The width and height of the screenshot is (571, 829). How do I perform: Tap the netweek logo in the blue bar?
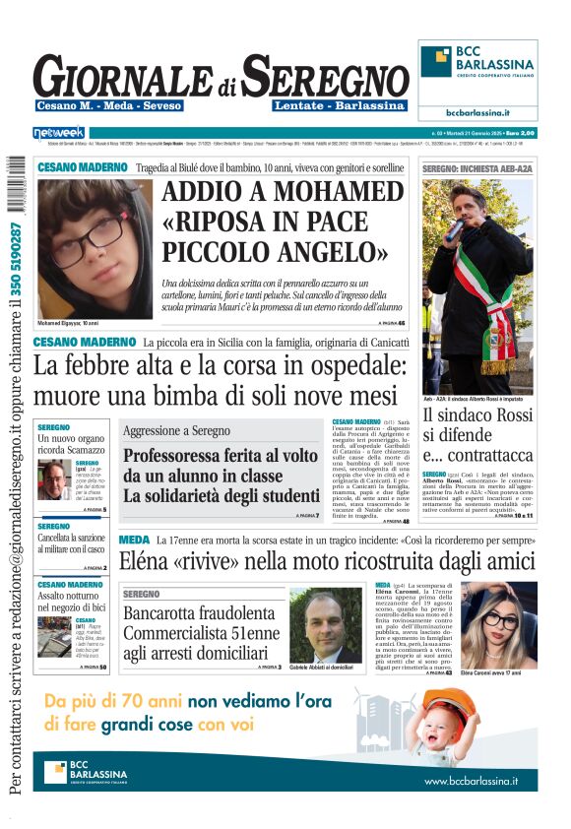[x=59, y=132]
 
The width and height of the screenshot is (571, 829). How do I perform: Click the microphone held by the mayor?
[x=456, y=229]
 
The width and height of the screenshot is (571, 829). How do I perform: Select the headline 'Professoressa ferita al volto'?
[x=220, y=456]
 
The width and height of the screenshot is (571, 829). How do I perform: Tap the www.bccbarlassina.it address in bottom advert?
[x=471, y=781]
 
